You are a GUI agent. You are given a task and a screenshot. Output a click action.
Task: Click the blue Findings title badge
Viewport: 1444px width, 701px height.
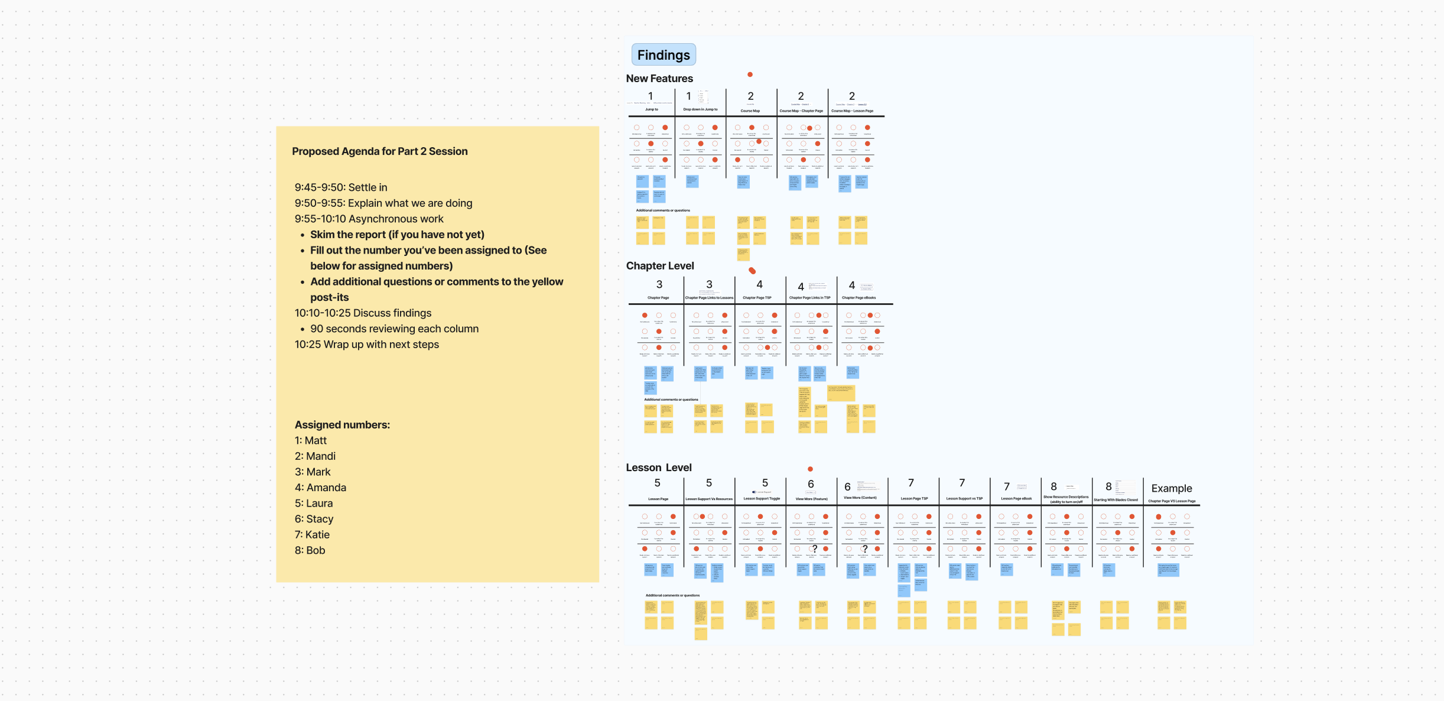pos(664,55)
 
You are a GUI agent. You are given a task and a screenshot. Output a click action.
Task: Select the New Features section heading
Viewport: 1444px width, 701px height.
pos(659,79)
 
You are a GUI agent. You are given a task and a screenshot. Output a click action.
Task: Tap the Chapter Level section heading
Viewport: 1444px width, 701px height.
pos(660,266)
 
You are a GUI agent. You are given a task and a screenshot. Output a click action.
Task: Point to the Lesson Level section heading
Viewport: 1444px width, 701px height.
pos(659,468)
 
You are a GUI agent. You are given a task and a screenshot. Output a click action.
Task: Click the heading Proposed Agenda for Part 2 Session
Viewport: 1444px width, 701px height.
pos(379,151)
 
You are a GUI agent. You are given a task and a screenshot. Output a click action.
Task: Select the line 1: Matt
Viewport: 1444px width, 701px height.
pos(311,440)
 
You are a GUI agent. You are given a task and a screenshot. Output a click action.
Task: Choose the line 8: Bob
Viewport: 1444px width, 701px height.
pos(310,550)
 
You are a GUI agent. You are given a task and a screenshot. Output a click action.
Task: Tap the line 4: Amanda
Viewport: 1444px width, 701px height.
pos(320,488)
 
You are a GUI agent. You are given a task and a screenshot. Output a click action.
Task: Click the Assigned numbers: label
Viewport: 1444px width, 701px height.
pos(342,425)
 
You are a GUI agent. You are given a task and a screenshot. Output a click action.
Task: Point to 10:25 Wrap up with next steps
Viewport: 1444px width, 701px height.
pos(366,345)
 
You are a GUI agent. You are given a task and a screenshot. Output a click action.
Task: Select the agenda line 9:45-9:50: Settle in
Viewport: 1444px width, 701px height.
pos(341,187)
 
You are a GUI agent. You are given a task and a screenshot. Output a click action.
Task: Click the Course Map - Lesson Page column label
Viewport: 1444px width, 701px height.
pos(852,111)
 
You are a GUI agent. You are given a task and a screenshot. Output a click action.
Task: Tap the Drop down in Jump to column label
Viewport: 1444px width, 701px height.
pos(700,109)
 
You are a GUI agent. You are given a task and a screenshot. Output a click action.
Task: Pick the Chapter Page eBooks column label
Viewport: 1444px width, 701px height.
pos(858,298)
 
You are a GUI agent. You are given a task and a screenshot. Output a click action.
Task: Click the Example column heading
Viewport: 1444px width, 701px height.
pos(1171,488)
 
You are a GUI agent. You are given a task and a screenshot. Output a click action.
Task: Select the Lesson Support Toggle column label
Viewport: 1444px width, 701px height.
pos(762,499)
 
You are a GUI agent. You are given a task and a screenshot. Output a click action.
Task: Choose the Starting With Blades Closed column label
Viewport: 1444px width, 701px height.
pos(1115,500)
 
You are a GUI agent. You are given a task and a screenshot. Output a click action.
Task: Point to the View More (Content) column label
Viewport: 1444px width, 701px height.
pos(860,498)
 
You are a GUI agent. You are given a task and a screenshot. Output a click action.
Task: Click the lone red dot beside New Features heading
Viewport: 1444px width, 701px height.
pos(750,74)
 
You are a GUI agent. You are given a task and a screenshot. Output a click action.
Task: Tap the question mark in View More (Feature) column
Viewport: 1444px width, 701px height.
pos(815,549)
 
